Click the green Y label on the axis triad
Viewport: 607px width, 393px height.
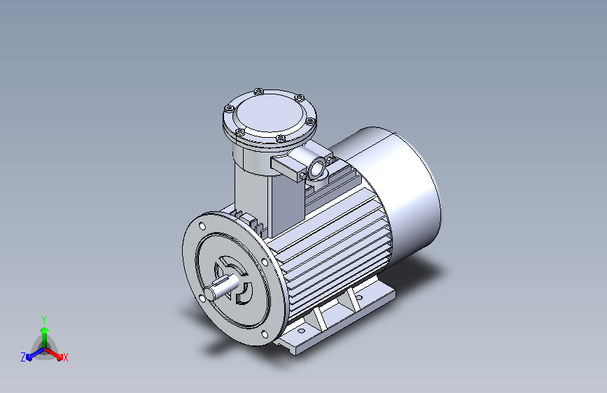(x=44, y=320)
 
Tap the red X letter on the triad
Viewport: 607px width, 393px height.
(x=65, y=358)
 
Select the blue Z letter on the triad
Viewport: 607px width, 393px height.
(x=23, y=357)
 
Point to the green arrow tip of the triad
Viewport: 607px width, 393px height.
(x=45, y=330)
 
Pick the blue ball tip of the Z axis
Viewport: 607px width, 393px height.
(x=29, y=357)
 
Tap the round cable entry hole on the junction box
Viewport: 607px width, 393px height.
(x=317, y=169)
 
